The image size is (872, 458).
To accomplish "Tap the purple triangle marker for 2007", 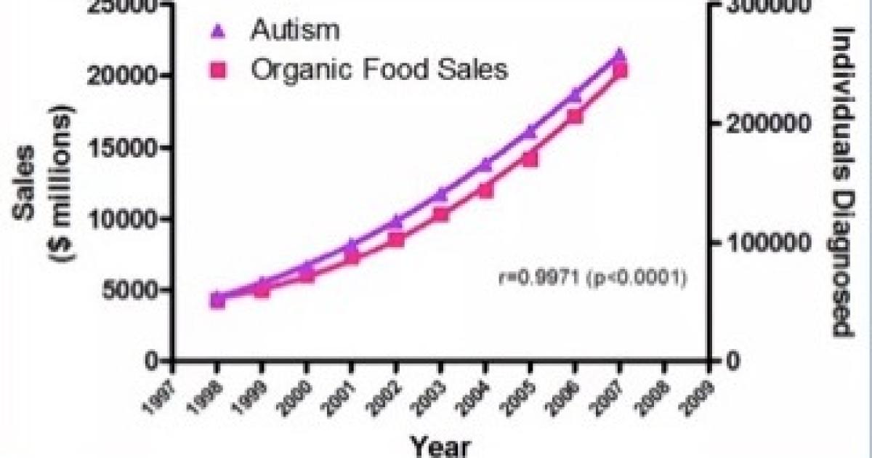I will (619, 55).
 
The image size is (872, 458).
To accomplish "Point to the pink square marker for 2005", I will (530, 158).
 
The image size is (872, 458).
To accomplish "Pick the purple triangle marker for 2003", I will (440, 194).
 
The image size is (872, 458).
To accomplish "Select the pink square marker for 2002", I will (396, 239).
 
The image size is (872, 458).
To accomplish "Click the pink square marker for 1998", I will (217, 300).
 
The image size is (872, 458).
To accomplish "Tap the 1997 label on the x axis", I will (162, 392).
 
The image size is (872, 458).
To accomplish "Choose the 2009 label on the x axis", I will (698, 392).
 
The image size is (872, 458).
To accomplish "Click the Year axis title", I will (440, 445).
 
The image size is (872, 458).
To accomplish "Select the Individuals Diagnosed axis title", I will (843, 182).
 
